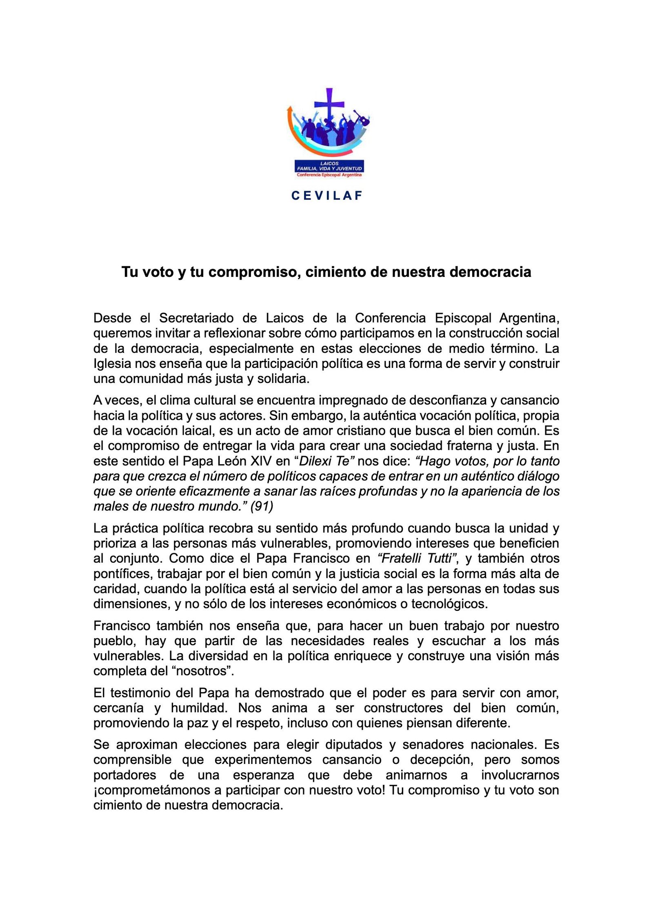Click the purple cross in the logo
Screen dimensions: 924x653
click(x=329, y=105)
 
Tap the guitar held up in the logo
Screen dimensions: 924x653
click(x=361, y=117)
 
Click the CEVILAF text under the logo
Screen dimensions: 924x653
click(x=327, y=196)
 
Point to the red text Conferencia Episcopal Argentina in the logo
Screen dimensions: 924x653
click(x=329, y=175)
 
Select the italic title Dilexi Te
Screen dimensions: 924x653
click(x=324, y=461)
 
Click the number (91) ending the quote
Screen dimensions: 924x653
click(x=262, y=506)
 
